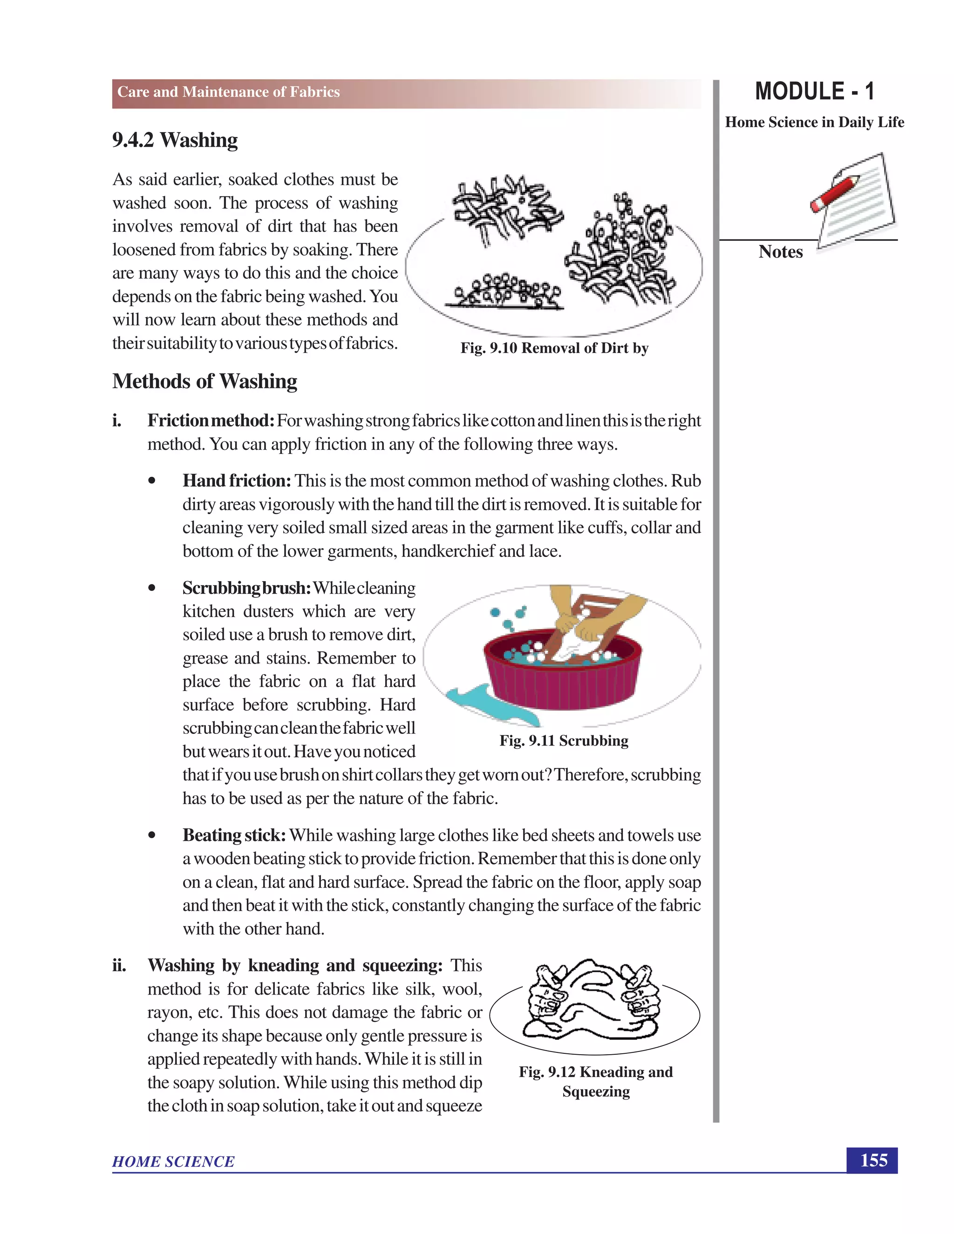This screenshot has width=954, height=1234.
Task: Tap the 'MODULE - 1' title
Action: (814, 92)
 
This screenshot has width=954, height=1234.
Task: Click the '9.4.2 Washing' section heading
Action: (175, 140)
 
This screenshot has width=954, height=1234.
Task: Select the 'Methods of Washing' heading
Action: (204, 381)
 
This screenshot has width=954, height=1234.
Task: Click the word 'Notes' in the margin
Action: (781, 251)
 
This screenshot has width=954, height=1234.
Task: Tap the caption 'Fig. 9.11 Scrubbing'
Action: (564, 740)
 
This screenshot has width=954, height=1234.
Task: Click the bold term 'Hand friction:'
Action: (237, 481)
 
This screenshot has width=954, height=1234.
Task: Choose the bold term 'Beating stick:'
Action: (234, 835)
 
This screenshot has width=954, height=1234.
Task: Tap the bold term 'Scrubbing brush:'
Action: (246, 588)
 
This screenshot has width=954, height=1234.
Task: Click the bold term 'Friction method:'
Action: (211, 421)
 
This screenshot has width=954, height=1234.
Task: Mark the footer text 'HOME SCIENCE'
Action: (173, 1162)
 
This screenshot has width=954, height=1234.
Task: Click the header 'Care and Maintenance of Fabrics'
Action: (228, 92)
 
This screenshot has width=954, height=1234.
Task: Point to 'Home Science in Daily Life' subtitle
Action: (814, 122)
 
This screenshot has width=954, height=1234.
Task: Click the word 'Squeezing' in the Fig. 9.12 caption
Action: (596, 1091)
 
